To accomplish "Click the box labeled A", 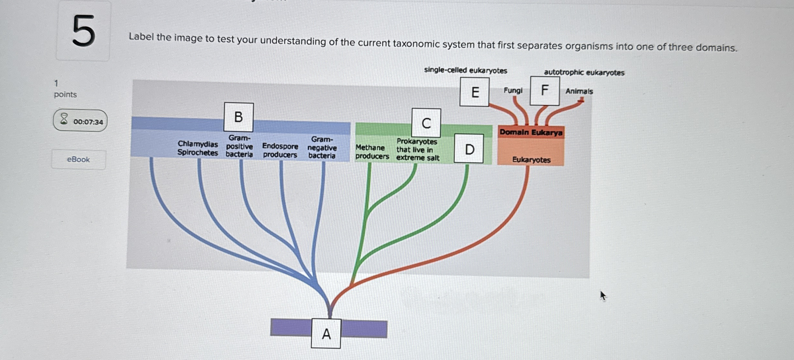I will click(326, 334).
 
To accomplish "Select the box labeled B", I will click(238, 117).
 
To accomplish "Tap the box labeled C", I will click(426, 123).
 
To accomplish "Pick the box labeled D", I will click(469, 149).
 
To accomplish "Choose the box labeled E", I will click(474, 92).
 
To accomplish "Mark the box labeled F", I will click(545, 91).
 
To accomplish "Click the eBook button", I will click(79, 160).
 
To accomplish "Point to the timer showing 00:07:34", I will click(80, 121).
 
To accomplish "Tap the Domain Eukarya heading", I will click(531, 132).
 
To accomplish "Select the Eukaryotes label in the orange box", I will click(531, 160).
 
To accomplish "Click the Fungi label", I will click(513, 91).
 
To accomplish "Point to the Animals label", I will click(579, 92).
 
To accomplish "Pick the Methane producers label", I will click(372, 152).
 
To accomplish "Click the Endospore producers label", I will click(280, 150).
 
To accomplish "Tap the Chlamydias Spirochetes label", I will click(198, 148).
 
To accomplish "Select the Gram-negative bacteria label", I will click(322, 148).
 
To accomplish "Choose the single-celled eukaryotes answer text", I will click(465, 70).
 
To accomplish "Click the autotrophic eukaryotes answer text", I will click(584, 73).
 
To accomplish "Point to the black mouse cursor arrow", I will click(603, 295).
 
